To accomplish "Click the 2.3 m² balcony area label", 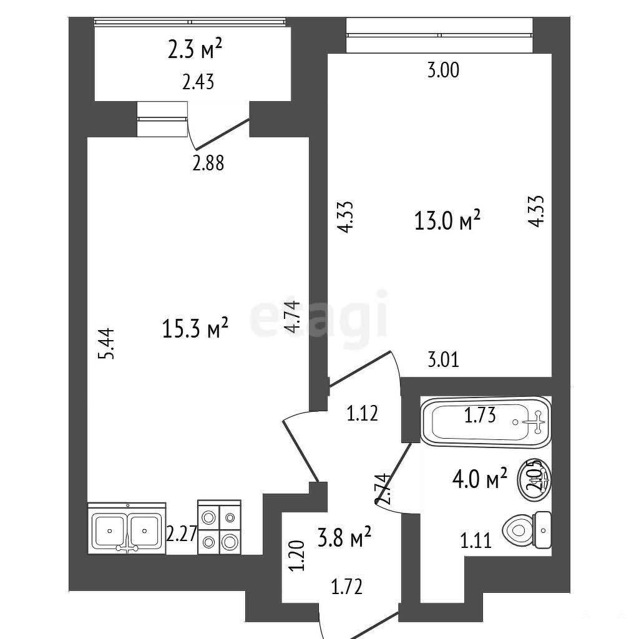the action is point(195,49).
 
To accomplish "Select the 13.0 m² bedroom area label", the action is point(447,220).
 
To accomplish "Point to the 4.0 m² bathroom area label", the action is point(480,479).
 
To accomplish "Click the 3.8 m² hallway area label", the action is point(344,537).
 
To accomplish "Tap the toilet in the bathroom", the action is point(527,530).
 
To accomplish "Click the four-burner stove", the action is point(219,527).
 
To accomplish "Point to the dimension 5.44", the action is point(107,344).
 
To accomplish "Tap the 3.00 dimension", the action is point(443,70).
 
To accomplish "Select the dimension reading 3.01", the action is point(444,360).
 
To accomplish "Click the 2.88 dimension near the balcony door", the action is point(208,163).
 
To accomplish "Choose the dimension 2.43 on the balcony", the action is point(198,82).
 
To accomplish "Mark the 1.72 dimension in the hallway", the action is point(346,587).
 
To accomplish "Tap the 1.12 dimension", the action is point(363,414).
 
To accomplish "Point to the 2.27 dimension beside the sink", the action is point(182,534).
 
